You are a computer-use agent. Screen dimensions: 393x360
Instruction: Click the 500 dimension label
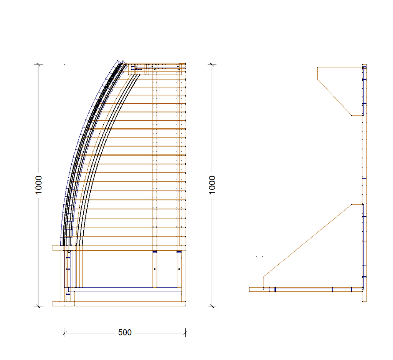coord(125,332)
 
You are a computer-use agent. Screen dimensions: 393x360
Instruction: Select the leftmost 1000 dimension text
coord(38,185)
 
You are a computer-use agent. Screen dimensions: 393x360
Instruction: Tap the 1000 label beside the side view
coord(212,185)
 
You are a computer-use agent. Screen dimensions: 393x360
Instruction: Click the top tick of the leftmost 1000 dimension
coord(38,65)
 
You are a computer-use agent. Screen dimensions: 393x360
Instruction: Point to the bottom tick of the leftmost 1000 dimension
coord(38,306)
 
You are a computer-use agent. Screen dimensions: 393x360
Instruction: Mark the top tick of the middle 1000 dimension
coord(212,65)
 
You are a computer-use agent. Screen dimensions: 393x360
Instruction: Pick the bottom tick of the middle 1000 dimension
coord(212,306)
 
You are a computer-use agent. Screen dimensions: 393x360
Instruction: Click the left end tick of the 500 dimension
coord(65,333)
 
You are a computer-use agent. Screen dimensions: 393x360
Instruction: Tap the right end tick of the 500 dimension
coord(185,333)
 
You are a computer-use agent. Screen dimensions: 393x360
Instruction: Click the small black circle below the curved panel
coord(69,251)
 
